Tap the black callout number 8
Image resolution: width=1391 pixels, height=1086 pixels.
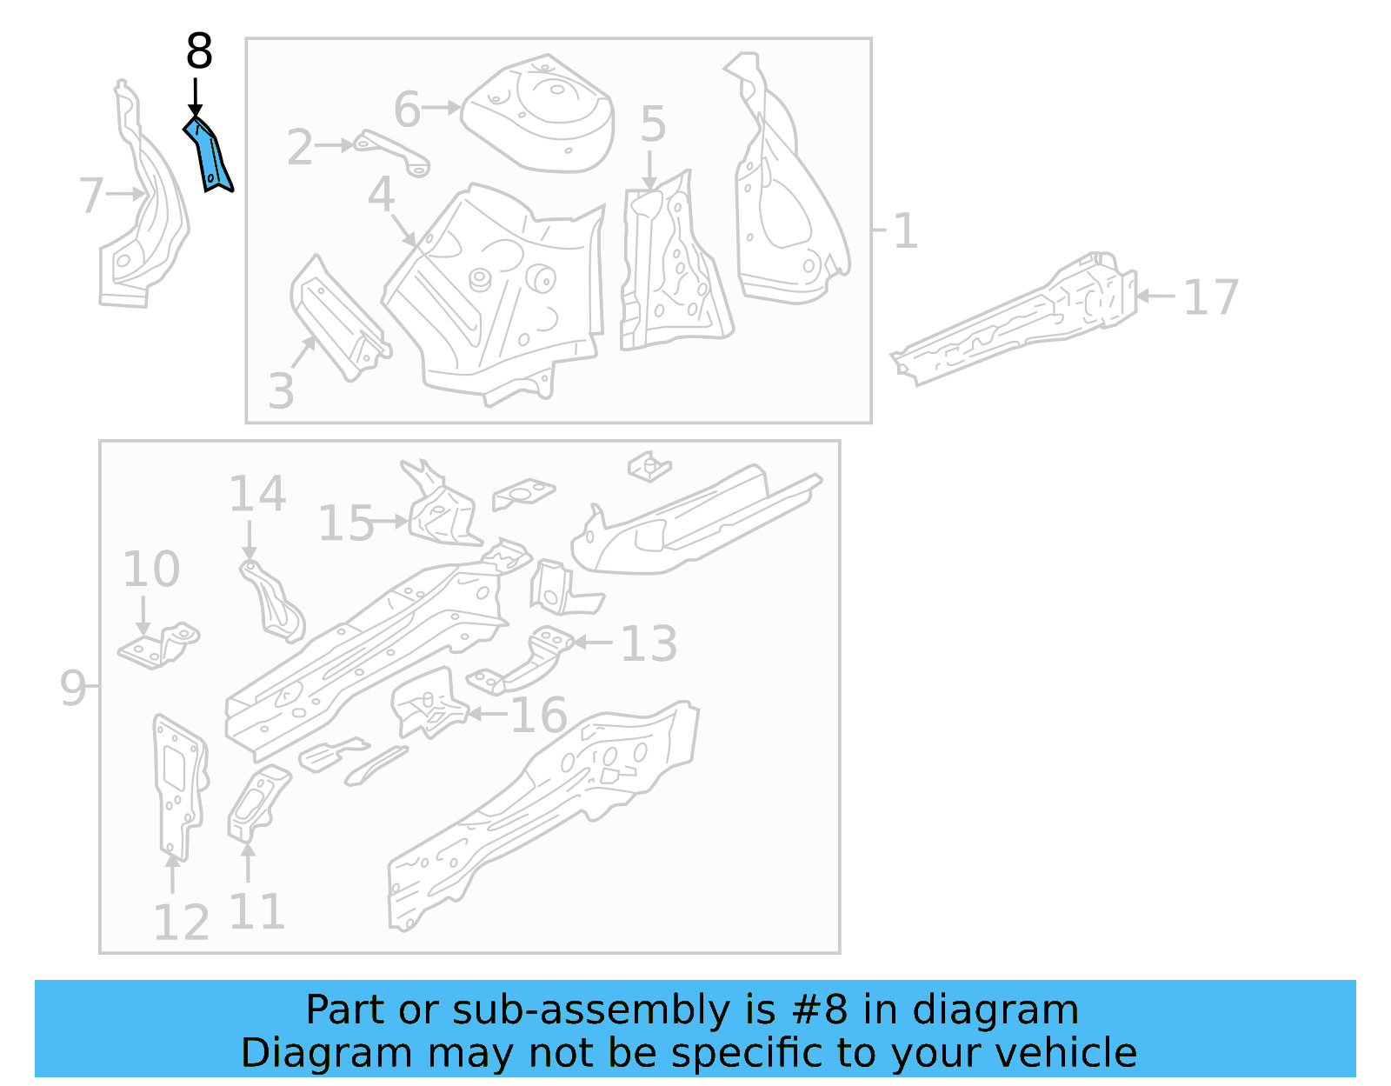(x=199, y=52)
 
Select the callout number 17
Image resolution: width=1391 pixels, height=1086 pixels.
(x=1210, y=298)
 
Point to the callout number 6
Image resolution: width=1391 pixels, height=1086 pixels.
(x=407, y=110)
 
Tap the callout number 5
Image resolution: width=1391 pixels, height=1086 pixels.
(x=653, y=124)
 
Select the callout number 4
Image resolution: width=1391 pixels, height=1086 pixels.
(x=381, y=195)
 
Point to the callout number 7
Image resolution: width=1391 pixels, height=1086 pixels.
(x=90, y=196)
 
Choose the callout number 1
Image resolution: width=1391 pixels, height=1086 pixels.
(x=905, y=231)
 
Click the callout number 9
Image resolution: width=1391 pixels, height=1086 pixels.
(x=73, y=687)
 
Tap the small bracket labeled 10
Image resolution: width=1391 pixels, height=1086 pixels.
(x=158, y=645)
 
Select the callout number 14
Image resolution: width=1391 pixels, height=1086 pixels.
(x=257, y=494)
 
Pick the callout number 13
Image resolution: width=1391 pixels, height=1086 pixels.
(x=649, y=644)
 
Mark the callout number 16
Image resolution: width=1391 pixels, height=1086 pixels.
(x=538, y=716)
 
